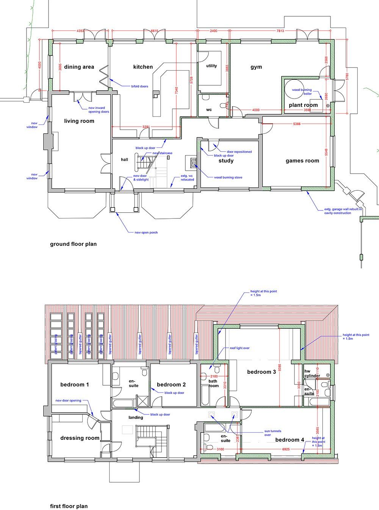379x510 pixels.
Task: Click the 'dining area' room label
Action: (79, 67)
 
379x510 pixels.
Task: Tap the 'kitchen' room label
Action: (143, 67)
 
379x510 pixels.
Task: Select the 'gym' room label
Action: (256, 67)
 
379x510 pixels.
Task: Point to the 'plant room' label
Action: (303, 105)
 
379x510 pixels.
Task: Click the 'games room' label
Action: (302, 161)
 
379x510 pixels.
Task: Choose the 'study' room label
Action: (226, 161)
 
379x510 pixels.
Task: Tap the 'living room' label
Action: (79, 121)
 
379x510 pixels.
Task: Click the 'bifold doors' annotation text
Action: (139, 86)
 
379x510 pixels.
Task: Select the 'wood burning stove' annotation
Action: (228, 177)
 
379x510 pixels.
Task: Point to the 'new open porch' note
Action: (146, 232)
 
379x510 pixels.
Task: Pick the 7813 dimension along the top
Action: (280, 31)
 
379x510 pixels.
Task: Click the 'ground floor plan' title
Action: (73, 244)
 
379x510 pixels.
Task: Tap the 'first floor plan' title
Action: (69, 506)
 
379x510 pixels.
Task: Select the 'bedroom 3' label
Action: (262, 372)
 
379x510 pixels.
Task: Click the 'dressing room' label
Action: (80, 438)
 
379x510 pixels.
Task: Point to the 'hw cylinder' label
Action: (312, 373)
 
